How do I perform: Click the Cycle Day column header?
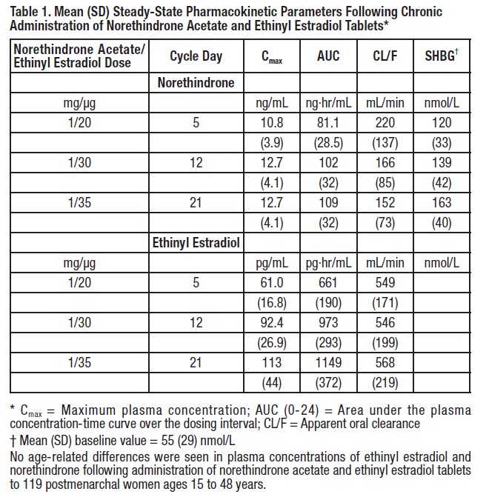click(x=196, y=56)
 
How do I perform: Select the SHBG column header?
click(x=442, y=56)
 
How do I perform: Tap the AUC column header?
click(x=328, y=56)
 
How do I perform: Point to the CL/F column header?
click(x=385, y=56)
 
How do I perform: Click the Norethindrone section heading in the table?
click(x=196, y=83)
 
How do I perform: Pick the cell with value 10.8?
click(x=272, y=122)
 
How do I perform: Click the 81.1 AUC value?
click(x=328, y=122)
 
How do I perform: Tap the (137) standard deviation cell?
click(x=385, y=141)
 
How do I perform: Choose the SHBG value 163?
click(x=442, y=201)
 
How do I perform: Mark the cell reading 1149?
click(x=328, y=362)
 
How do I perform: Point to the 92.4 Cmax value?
click(x=272, y=322)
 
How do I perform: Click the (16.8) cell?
click(x=272, y=302)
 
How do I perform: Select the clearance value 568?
click(x=385, y=362)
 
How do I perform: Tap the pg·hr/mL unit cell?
click(x=328, y=262)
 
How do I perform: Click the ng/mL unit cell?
click(x=272, y=103)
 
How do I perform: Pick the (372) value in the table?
click(x=328, y=382)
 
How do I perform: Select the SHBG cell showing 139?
click(x=442, y=162)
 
